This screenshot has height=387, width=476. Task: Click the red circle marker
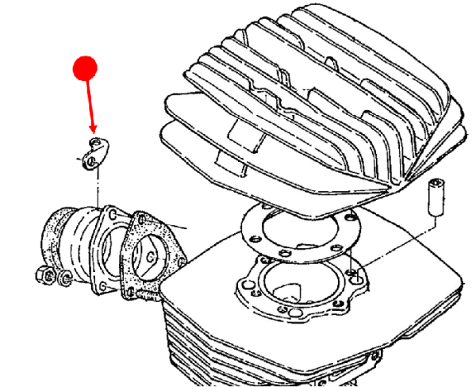(85, 68)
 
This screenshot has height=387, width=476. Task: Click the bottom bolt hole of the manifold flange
(98, 281)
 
